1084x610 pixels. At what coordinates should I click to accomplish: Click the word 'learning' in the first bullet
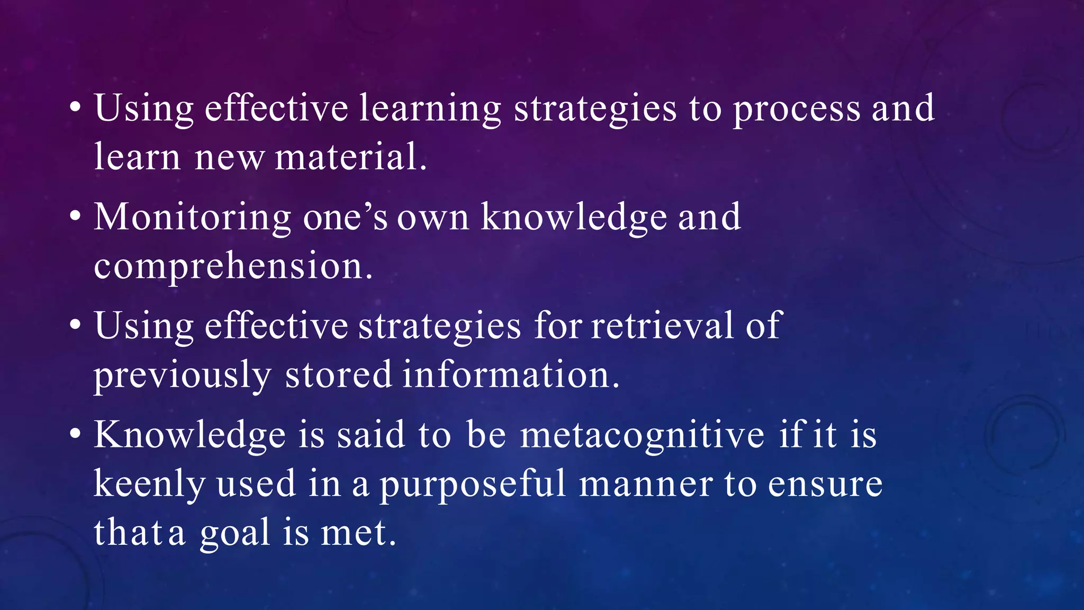(430, 109)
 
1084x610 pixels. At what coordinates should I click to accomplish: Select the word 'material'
(347, 157)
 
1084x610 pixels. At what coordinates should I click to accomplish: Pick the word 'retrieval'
(662, 325)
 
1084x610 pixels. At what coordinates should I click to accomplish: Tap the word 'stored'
(338, 374)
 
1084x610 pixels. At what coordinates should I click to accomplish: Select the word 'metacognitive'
(642, 436)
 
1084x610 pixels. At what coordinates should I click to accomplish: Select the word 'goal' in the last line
(235, 533)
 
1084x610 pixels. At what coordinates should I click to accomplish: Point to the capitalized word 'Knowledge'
(190, 435)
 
